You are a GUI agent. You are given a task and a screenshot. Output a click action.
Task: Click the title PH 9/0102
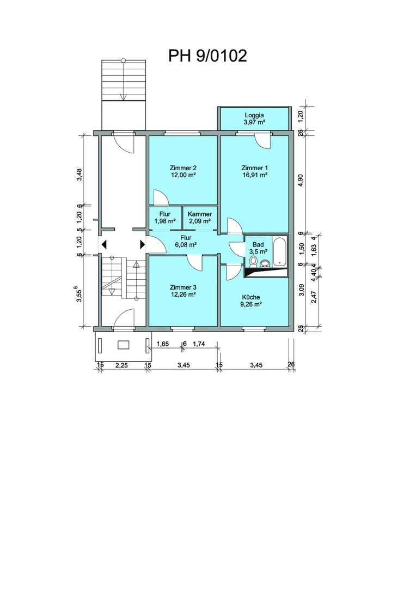pos(207,56)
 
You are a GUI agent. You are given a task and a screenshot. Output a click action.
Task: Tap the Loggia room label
pos(254,115)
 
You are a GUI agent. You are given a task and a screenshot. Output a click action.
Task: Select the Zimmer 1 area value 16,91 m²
pos(255,175)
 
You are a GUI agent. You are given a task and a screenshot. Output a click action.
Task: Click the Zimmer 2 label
pos(183,168)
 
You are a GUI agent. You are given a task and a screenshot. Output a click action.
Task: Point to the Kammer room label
pos(200,214)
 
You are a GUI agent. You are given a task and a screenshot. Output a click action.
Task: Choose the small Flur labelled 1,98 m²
pos(165,218)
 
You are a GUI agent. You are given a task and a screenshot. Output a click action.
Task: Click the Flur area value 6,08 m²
pos(186,245)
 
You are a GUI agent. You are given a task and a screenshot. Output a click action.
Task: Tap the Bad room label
pos(258,244)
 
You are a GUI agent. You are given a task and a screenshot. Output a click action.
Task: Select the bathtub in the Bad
pos(280,251)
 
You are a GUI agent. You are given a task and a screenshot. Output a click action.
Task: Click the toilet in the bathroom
pos(253,261)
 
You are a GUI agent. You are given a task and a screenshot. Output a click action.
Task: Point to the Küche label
pos(251,297)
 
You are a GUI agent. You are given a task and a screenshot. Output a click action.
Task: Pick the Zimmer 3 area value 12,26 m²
pos(183,295)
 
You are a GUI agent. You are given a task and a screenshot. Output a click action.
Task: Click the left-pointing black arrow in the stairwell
pos(105,245)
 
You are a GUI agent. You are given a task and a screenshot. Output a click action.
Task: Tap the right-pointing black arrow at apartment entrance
pos(143,245)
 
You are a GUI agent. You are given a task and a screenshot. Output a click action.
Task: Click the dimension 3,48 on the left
pos(79,175)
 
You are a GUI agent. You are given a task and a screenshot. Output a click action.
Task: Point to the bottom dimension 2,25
pos(121,365)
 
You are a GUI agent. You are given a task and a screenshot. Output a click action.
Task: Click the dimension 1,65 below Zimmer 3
pos(163,344)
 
